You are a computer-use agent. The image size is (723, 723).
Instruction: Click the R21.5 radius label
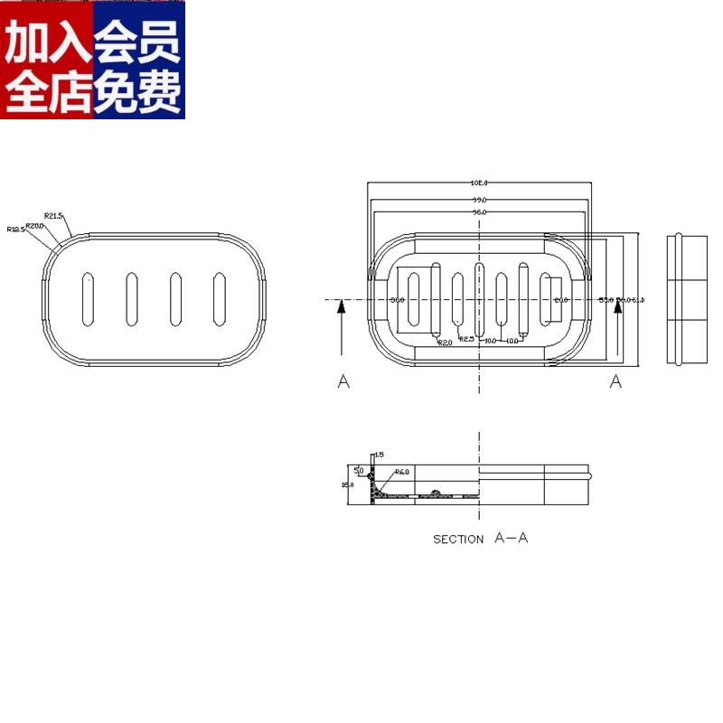coord(54,215)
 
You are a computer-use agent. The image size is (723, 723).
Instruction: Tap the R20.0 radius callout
coord(34,224)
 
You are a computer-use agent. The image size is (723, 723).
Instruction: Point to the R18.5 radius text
coord(15,230)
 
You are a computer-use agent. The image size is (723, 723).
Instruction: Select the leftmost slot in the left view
coord(88,298)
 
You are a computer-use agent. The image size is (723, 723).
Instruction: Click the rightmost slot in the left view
coord(219,298)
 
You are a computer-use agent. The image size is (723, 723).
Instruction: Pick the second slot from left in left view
coord(131,298)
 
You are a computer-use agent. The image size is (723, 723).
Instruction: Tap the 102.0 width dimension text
coord(479,183)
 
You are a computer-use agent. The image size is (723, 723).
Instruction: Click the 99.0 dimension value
coord(479,198)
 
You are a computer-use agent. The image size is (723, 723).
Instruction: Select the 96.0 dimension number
coord(479,211)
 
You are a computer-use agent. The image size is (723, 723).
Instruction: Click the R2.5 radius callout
coord(467,339)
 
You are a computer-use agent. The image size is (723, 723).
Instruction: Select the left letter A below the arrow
coord(343,382)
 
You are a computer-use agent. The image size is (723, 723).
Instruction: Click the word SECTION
coord(458,540)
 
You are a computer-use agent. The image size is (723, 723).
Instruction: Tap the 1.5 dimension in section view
coord(380,455)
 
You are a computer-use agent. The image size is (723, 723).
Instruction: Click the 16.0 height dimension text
coord(346,484)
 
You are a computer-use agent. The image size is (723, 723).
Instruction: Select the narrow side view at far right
coord(687,299)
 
